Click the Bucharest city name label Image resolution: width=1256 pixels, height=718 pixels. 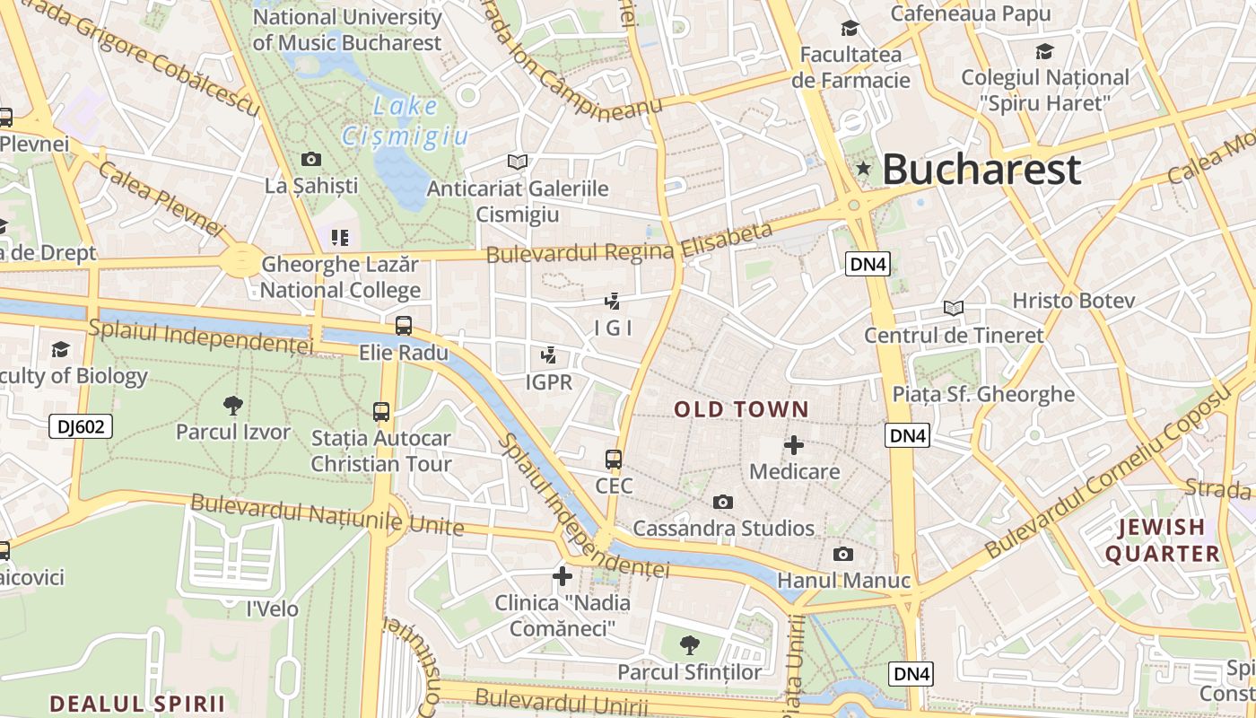click(981, 169)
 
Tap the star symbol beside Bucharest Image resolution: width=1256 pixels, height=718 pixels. click(863, 168)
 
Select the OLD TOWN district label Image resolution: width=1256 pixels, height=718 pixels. click(741, 409)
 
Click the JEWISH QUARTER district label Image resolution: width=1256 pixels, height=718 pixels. click(1162, 540)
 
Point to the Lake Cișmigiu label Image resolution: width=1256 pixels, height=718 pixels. click(406, 121)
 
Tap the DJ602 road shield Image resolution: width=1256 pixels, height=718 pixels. click(81, 426)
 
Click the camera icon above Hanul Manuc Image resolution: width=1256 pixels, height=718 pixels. click(843, 554)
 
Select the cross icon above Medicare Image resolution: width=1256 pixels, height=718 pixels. click(794, 444)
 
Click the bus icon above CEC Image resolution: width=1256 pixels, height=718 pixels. click(614, 460)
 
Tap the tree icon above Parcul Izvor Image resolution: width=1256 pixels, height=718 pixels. click(233, 405)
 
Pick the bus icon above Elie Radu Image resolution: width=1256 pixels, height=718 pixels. click(404, 325)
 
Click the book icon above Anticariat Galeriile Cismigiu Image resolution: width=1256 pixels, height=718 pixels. click(517, 162)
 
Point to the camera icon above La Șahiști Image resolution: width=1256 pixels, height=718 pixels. click(311, 159)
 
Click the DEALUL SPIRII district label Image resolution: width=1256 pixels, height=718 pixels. click(137, 703)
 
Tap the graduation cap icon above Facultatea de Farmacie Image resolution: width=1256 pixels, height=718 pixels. click(850, 29)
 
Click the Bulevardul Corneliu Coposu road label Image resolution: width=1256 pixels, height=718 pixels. click(1105, 474)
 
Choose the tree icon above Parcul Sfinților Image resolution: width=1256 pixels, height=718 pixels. click(689, 644)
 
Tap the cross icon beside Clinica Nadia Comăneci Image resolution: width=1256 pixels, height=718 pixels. click(563, 575)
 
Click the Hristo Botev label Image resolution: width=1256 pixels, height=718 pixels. click(1074, 301)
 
